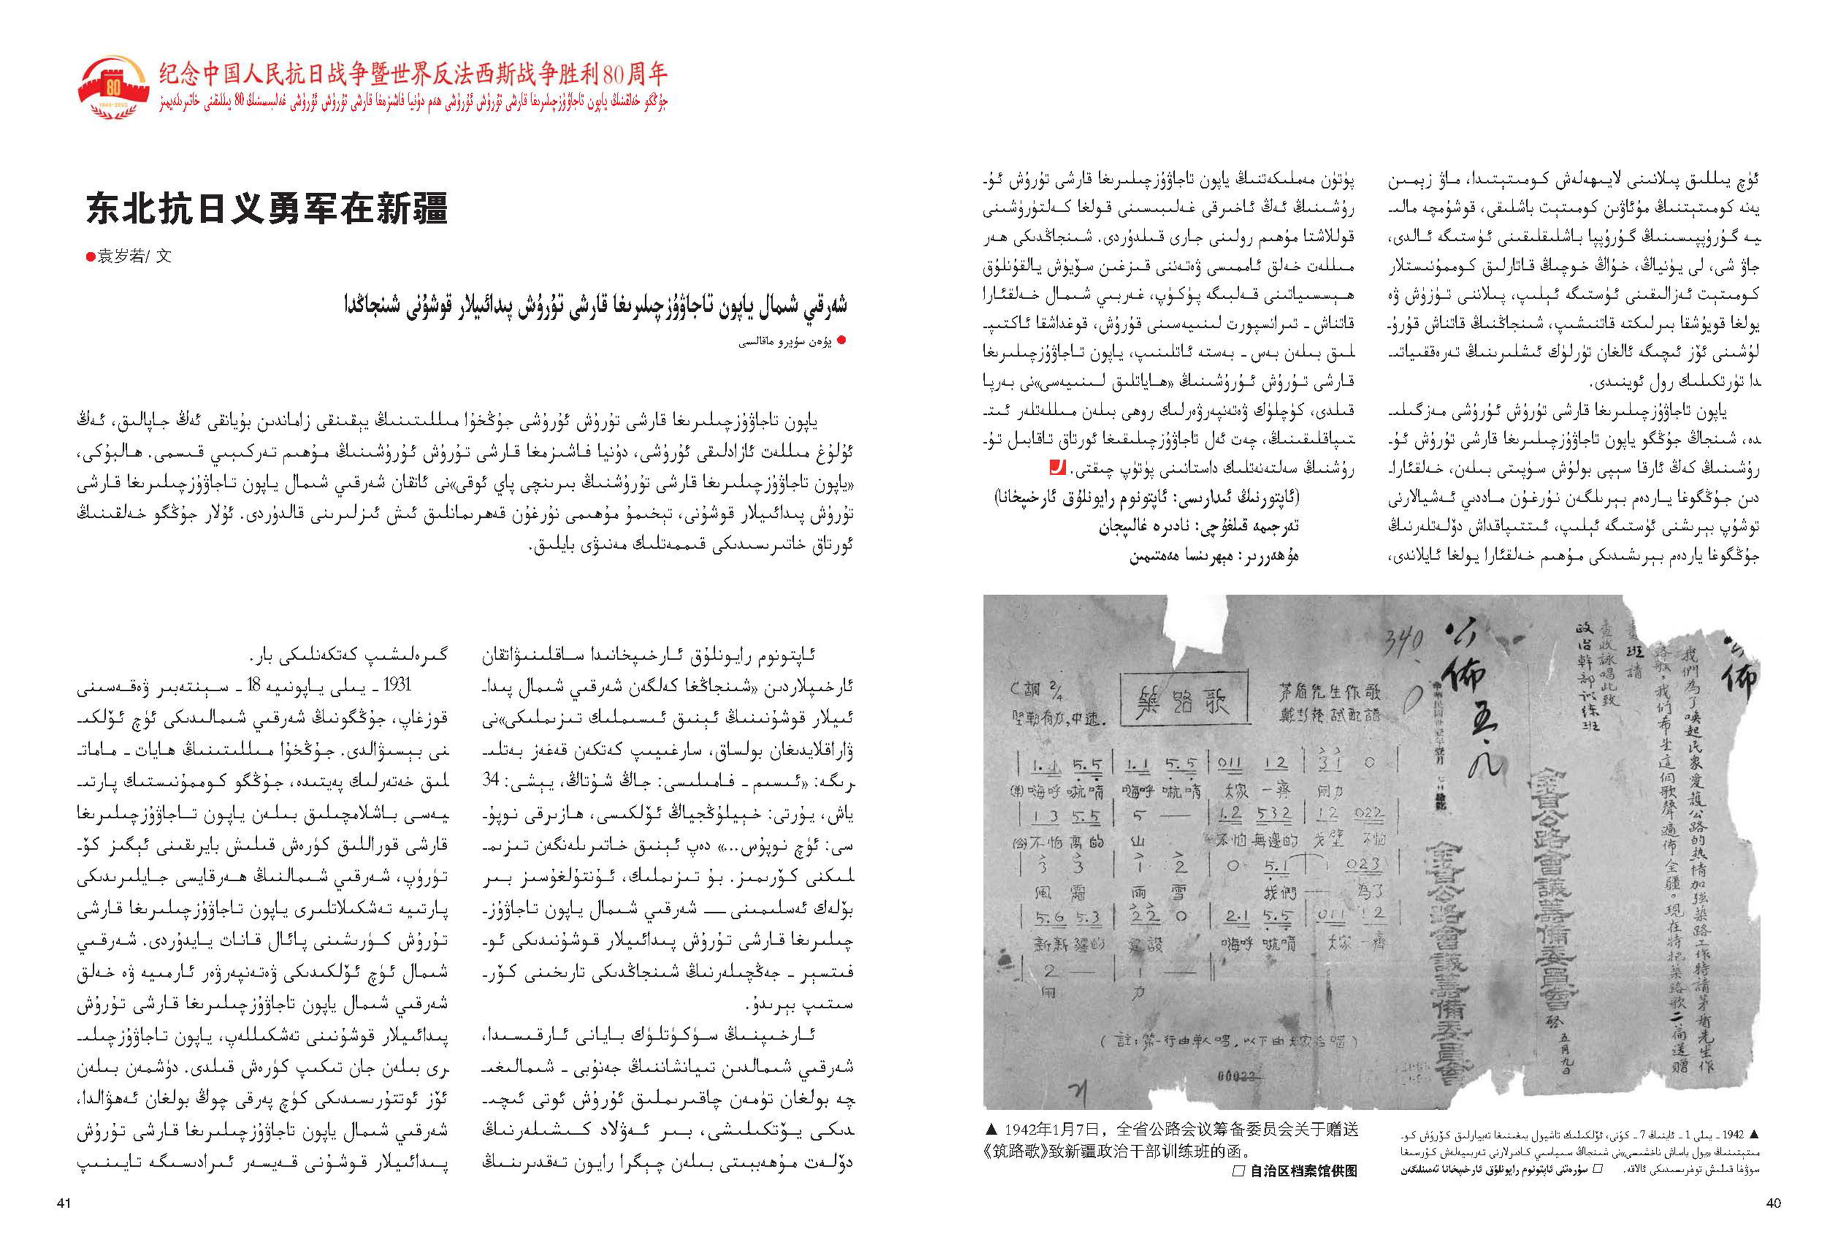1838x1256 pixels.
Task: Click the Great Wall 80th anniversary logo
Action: pyautogui.click(x=113, y=87)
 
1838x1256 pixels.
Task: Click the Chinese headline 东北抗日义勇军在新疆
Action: pyautogui.click(x=267, y=208)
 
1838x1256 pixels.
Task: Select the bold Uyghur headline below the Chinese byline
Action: pyautogui.click(x=595, y=305)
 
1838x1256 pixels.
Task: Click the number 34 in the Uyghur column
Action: pyautogui.click(x=491, y=780)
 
